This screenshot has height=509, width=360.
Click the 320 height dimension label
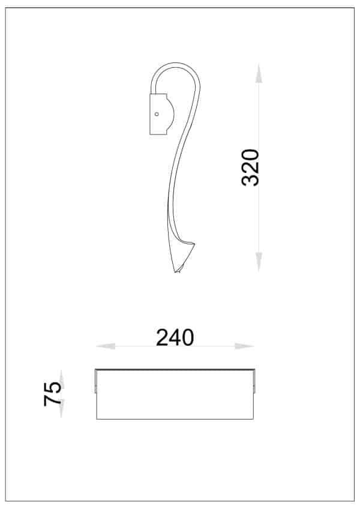coord(250,167)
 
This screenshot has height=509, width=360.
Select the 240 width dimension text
coord(175,338)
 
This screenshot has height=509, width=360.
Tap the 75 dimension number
coord(53,394)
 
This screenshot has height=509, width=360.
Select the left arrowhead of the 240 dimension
coord(106,346)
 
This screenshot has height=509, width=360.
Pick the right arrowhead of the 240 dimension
coord(244,346)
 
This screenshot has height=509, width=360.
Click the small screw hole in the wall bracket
coord(157,113)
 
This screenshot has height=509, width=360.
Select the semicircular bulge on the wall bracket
coord(170,114)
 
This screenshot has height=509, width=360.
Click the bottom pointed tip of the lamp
coord(176,272)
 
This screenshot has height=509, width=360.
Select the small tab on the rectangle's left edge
coord(95,382)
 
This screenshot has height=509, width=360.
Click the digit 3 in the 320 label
coord(250,179)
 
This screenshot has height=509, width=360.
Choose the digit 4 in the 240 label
coord(175,338)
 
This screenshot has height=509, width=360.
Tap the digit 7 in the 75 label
coord(53,400)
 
